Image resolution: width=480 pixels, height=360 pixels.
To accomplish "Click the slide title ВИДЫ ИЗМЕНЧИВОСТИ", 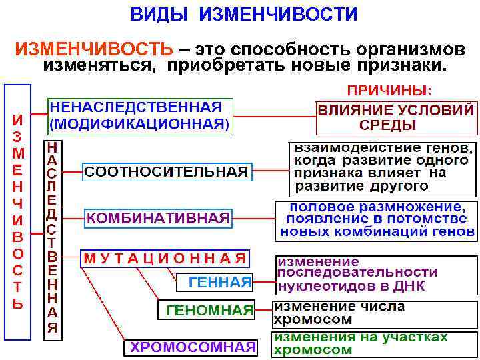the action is pos(243,14).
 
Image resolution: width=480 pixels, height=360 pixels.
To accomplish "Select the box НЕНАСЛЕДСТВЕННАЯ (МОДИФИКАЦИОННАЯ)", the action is pos(140,115).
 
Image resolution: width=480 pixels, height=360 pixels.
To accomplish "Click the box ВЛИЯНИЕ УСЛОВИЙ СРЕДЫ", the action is pos(397,117).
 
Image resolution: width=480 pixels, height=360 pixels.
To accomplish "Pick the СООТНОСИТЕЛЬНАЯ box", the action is pos(167,171).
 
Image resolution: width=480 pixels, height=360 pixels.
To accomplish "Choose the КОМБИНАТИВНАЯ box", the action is pos(158,217).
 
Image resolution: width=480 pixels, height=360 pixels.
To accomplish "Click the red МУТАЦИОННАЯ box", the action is pos(164,258).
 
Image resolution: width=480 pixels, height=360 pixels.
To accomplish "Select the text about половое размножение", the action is pos(377,221).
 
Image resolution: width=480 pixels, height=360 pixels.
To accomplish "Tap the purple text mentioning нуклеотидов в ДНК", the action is pos(357,275).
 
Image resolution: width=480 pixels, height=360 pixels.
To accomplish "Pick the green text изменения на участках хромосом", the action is pos(360,343).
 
